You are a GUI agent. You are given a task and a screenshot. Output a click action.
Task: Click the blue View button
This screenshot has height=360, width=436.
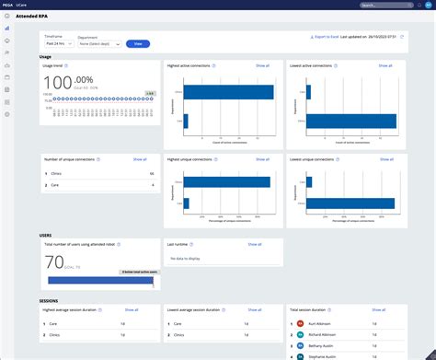click(x=138, y=43)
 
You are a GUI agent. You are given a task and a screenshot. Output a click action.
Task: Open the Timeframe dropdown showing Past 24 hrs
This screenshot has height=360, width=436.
click(x=60, y=43)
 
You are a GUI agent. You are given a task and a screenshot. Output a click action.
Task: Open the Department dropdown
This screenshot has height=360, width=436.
click(x=106, y=43)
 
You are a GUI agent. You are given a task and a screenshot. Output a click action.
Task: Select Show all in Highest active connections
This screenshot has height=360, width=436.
click(x=262, y=65)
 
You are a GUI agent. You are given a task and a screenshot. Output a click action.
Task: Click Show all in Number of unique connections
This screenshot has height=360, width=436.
click(x=140, y=159)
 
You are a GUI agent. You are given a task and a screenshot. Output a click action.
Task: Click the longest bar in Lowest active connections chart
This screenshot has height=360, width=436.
click(x=352, y=120)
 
